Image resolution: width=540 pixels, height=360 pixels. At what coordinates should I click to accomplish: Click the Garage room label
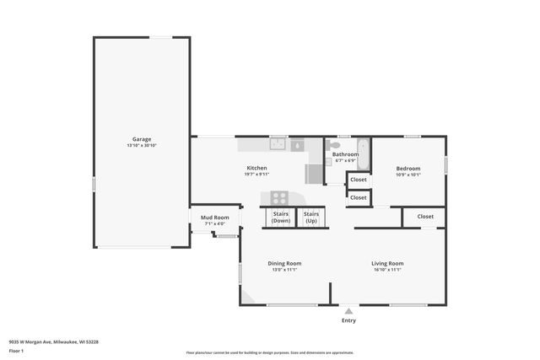point(142,138)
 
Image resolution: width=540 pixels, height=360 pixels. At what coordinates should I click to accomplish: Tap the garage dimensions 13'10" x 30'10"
point(142,146)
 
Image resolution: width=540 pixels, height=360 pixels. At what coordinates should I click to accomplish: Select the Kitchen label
point(256,168)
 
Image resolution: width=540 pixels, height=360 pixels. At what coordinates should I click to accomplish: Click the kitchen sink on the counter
point(278,144)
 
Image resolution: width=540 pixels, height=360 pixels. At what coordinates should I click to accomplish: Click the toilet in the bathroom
point(335,146)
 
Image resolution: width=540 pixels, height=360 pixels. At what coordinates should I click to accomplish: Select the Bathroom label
point(345,154)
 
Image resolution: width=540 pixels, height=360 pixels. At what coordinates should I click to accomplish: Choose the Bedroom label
point(408,168)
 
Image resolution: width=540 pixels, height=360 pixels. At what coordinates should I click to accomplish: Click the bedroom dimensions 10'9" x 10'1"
point(408,175)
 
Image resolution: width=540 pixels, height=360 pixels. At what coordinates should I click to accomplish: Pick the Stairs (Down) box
point(281,217)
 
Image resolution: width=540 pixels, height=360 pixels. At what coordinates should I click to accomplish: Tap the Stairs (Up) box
point(311,217)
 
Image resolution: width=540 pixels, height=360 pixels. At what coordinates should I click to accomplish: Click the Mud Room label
point(214,218)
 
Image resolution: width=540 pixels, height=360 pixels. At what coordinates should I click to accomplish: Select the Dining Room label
point(284,263)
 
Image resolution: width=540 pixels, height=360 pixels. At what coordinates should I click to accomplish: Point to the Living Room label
point(387,263)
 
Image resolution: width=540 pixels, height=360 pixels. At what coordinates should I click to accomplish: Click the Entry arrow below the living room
point(348,310)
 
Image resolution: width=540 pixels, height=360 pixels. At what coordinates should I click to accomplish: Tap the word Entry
point(348,320)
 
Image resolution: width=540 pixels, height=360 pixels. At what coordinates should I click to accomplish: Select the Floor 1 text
point(17,351)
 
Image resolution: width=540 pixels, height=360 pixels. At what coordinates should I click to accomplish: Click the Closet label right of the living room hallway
point(424,216)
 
